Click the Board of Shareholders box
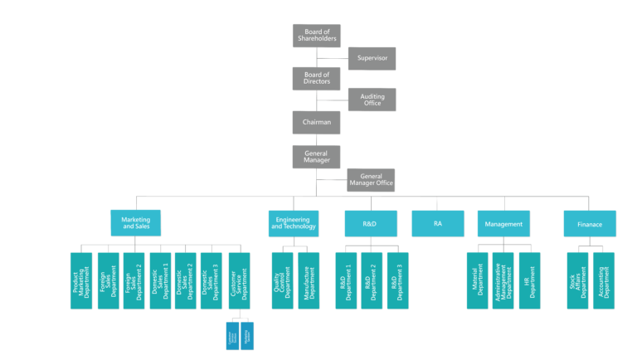coord(316,36)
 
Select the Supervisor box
coord(372,58)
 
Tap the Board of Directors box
coord(316,78)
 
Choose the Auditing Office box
coord(372,100)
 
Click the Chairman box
coord(316,122)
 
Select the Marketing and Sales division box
coord(135,222)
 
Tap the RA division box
coord(437,224)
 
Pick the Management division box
coord(503,224)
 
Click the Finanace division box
coord(590,224)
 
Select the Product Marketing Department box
coord(81,280)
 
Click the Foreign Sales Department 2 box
coord(134,280)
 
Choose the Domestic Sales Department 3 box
coord(211,280)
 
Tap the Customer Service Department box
coord(237,280)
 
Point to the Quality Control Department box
coord(282,280)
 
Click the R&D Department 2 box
coord(372,280)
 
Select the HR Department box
coord(529,280)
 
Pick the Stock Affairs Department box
coord(577,280)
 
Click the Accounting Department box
coord(603,280)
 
